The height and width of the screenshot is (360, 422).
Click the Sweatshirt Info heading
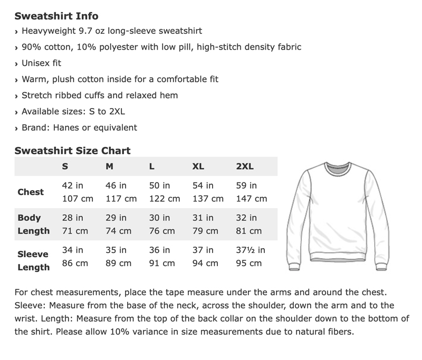pos(56,16)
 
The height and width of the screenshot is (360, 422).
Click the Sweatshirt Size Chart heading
pos(72,150)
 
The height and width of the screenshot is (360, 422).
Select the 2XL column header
pos(245,167)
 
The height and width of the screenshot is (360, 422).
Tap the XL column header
pos(198,167)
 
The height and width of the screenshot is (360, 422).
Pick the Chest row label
pos(31,192)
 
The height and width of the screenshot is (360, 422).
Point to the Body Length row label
pos(33,224)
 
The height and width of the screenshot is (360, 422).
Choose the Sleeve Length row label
pos(33,260)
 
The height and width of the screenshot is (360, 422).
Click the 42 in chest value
pos(73,186)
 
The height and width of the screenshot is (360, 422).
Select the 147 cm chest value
pos(251,199)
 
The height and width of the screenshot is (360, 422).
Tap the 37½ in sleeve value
pos(251,250)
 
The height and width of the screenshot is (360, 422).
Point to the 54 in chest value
pos(203,186)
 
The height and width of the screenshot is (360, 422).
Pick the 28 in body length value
pos(73,218)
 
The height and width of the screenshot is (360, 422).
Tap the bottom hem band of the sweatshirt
pos(337,257)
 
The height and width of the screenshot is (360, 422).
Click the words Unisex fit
pos(41,63)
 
